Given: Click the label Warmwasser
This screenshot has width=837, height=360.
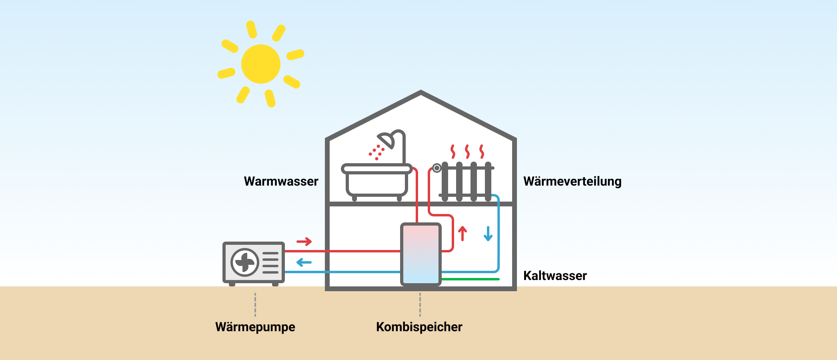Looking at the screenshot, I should (281, 181).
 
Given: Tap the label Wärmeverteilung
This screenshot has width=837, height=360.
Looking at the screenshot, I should (572, 181).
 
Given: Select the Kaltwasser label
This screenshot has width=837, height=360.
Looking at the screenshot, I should (555, 276).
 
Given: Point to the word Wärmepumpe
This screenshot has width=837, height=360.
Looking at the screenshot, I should (255, 327).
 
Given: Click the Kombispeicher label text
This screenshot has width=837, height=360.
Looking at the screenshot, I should (419, 327).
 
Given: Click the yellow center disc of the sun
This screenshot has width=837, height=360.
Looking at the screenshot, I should (261, 64).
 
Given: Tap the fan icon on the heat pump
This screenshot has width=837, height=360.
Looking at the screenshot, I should (244, 262).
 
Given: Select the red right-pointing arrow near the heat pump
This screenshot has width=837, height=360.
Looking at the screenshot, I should (304, 242).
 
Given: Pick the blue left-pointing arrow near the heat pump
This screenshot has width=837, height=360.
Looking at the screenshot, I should (304, 263).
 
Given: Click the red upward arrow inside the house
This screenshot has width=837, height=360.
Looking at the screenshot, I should (463, 233).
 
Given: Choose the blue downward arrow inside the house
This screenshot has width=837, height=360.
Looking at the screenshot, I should (488, 234).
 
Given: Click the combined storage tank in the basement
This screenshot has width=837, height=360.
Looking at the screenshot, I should (421, 254).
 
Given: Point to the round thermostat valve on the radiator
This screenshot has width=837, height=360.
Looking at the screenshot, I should (437, 168).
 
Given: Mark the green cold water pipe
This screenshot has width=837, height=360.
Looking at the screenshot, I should (471, 279).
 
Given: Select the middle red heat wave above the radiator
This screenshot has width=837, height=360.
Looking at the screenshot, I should (467, 152).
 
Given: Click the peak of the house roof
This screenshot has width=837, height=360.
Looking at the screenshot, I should (421, 93).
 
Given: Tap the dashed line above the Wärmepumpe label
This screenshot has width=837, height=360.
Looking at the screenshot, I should (255, 305).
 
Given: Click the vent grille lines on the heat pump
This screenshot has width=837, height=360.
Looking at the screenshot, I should (270, 262).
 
